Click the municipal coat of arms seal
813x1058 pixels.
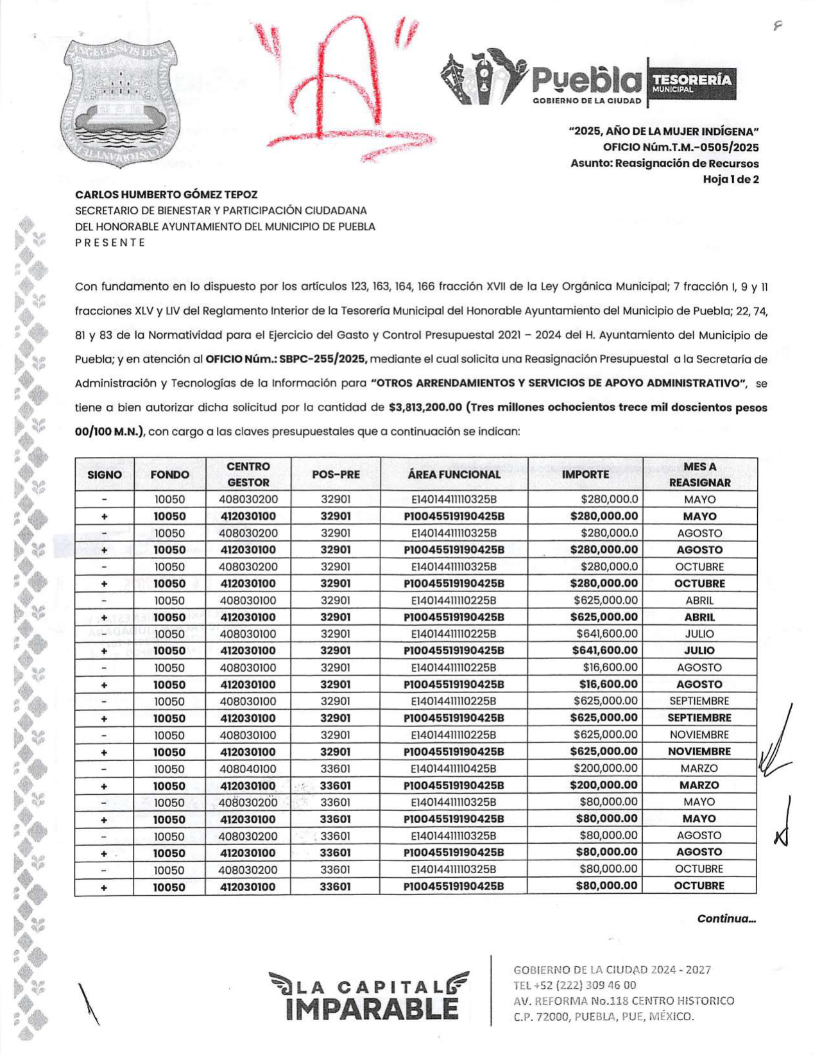coord(121,103)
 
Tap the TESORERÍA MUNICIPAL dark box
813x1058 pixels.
coord(692,83)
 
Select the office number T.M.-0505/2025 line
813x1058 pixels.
coord(680,147)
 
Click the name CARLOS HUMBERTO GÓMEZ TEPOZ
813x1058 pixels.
coord(166,194)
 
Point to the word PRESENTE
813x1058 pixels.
coord(110,243)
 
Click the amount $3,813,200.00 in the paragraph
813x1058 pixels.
coord(425,407)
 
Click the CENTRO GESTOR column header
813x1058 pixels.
coord(248,474)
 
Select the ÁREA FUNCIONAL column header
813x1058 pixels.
coord(454,474)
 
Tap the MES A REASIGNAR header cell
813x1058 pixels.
coord(699,474)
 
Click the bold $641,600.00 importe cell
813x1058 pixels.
coord(604,651)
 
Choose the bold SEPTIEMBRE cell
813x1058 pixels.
coord(699,718)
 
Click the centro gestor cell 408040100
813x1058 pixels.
coord(248,769)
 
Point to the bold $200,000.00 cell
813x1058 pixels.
coord(604,785)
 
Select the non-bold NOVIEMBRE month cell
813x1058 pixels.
coord(699,735)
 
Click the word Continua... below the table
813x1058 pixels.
coord(726,919)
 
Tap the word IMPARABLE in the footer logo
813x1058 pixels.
coord(372,1009)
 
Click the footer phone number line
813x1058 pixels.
coord(575,985)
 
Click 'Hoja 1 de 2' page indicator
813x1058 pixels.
coord(730,179)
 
